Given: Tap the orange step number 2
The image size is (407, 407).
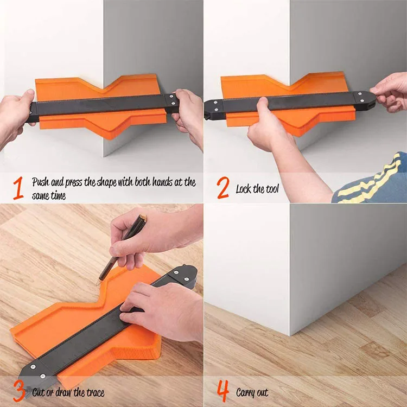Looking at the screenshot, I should pyautogui.click(x=222, y=188).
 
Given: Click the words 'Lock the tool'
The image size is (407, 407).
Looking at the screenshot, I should pyautogui.click(x=258, y=189).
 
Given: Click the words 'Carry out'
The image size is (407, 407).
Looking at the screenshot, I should pyautogui.click(x=252, y=392).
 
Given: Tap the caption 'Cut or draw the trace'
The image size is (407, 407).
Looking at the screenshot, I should pyautogui.click(x=68, y=392).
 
